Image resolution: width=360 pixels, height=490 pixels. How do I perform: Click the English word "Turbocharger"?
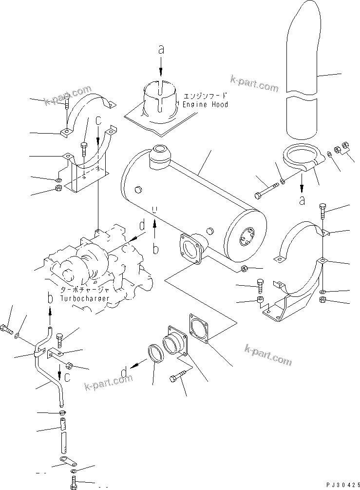coord(85,298)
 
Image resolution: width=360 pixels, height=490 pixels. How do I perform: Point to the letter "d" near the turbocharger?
coord(142,225)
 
